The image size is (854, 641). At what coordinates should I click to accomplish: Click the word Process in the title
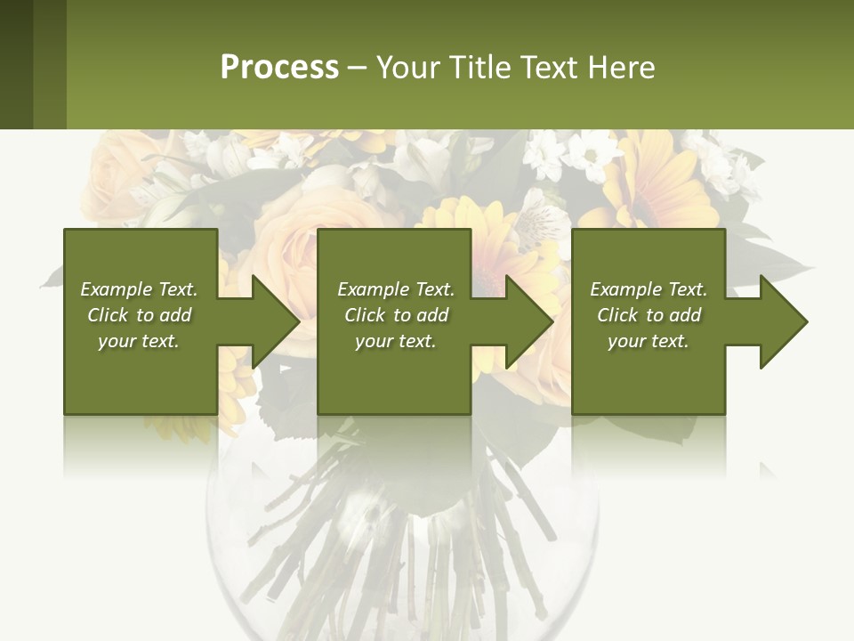[279, 68]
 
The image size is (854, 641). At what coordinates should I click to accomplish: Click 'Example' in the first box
[116, 289]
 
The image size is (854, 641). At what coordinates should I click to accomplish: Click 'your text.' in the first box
[139, 341]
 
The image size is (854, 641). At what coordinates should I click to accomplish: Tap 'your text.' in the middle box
[396, 341]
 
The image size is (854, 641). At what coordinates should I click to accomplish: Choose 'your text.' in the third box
[649, 341]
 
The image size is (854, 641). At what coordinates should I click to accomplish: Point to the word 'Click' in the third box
[617, 315]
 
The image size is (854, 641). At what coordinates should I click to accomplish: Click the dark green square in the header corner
[16, 64]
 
